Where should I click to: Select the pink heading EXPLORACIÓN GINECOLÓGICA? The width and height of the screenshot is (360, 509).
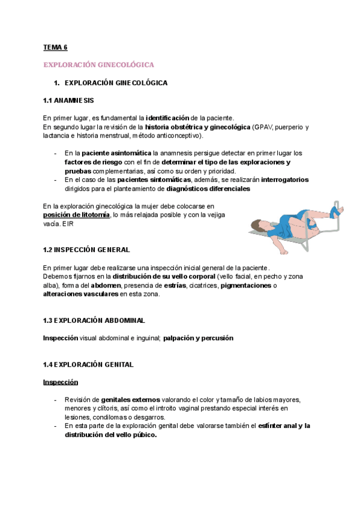point(99,64)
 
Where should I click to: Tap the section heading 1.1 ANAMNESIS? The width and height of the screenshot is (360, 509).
point(68,100)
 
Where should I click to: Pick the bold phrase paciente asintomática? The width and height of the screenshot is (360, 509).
point(117,153)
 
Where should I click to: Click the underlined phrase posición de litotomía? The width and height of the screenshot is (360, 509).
point(76,215)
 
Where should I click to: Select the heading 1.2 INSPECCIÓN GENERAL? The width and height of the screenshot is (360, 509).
point(86,249)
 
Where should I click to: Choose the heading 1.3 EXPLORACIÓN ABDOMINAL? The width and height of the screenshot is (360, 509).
point(94,321)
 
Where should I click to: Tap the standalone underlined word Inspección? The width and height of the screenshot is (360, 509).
point(60,382)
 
